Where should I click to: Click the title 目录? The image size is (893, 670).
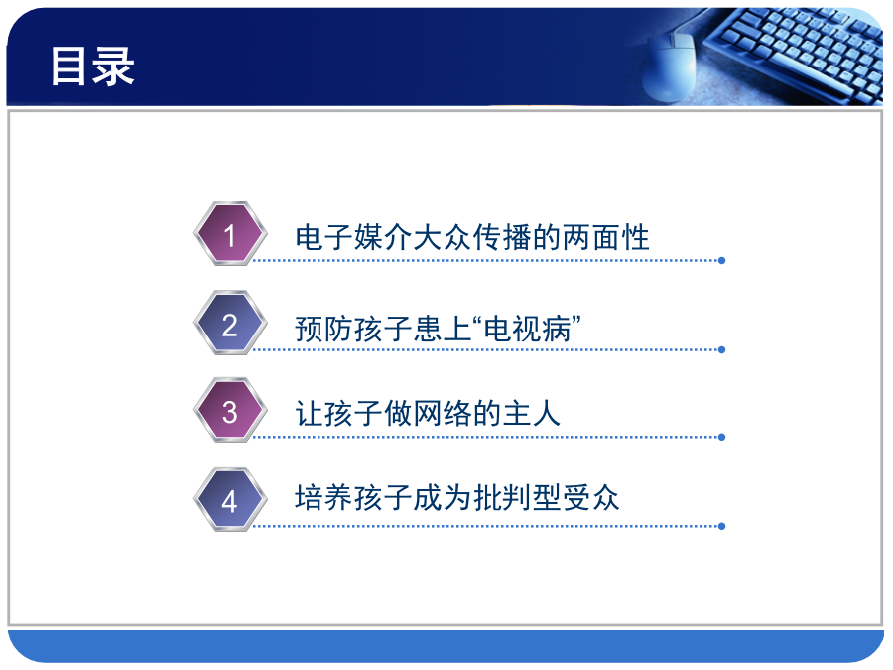92,67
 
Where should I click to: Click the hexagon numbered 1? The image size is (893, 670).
230,233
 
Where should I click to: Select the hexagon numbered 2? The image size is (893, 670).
230,323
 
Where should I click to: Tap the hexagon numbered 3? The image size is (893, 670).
230,410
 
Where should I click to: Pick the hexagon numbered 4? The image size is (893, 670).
230,499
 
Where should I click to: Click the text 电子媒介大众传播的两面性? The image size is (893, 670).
472,237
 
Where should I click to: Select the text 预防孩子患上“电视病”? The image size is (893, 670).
438,329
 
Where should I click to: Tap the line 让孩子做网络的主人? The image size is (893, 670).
428,413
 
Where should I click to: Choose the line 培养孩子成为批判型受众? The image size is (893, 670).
456,498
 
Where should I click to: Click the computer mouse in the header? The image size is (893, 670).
670,67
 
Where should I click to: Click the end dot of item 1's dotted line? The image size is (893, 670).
721,261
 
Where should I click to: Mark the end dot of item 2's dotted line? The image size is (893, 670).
721,349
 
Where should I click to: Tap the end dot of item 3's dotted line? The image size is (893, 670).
721,437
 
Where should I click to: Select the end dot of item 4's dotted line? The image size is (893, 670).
721,526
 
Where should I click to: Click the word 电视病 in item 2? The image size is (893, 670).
527,329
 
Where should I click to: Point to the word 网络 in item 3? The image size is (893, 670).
443,413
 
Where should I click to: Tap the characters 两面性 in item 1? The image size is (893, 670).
605,237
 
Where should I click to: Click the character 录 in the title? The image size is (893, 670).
114,67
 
